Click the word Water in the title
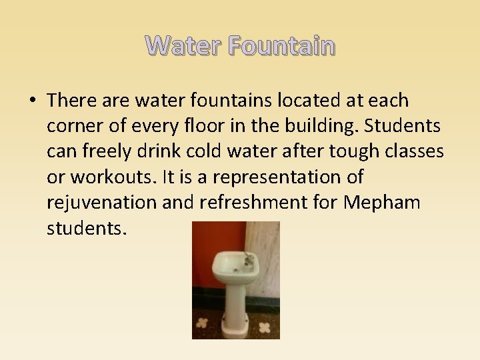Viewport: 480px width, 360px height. [x=183, y=46]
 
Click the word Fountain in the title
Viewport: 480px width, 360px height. [x=281, y=46]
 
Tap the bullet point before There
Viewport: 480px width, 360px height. [x=33, y=101]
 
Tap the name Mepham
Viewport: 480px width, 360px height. [x=382, y=203]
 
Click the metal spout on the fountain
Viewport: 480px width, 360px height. [x=249, y=259]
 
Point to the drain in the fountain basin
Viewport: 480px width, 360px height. [x=235, y=268]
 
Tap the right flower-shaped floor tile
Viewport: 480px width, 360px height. [x=265, y=328]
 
